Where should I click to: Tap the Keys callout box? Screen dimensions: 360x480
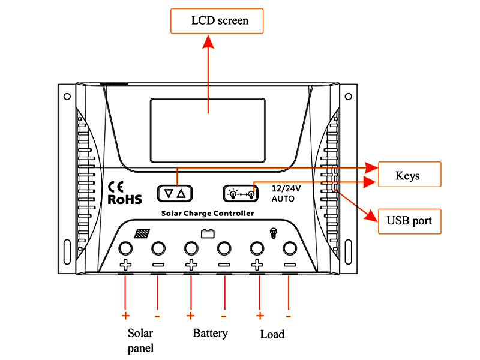407,176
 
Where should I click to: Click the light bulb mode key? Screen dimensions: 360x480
241,193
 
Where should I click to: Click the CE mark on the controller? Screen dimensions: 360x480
115,187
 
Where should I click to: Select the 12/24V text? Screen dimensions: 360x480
286,187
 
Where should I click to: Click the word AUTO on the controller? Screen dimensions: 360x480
283,198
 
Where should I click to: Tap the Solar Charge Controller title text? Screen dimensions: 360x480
207,214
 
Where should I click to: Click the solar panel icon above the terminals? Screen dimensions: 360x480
142,233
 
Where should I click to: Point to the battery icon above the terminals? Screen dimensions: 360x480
208,233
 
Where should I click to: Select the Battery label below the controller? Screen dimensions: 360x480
210,333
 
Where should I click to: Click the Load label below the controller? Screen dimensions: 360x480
272,334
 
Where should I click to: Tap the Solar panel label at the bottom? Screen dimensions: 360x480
140,340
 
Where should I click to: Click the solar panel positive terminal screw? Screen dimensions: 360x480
125,248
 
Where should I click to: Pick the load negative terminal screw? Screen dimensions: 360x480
290,248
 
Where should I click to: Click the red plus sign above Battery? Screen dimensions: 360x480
190,316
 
